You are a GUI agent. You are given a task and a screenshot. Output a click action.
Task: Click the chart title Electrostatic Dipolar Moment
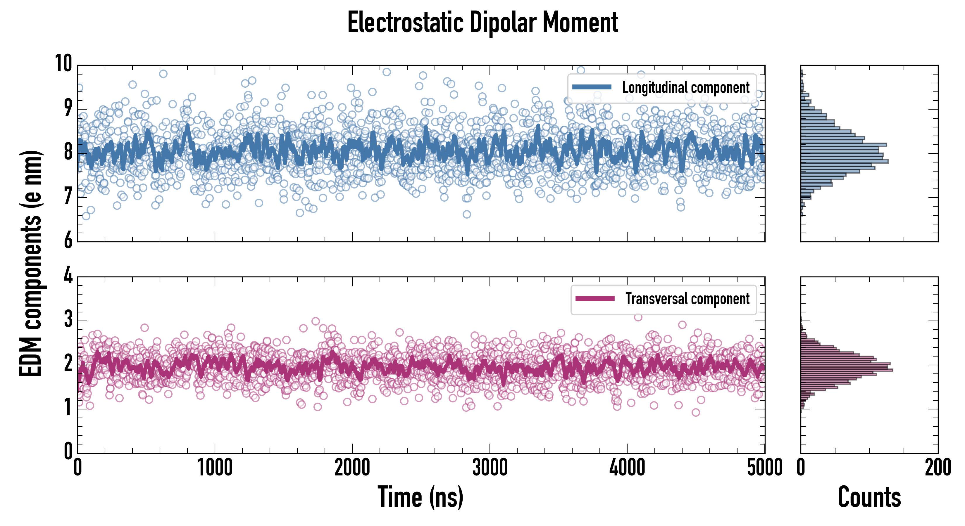[x=482, y=23]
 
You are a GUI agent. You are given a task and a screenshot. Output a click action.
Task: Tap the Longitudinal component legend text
[x=685, y=88]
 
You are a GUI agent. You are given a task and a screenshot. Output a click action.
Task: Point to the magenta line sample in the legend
[x=595, y=299]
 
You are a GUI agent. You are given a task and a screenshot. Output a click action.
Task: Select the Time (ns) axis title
[x=420, y=497]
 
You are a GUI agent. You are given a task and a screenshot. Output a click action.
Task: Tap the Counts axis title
[x=869, y=497]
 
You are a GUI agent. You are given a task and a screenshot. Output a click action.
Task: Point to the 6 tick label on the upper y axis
[x=68, y=240]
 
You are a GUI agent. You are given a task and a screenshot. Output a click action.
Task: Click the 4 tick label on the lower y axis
[x=68, y=276]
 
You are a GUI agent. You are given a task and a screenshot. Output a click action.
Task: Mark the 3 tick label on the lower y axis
[x=68, y=319]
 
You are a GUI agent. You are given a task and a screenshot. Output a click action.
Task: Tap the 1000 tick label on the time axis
[x=215, y=468]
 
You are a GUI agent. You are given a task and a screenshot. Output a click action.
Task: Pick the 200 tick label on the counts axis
[x=938, y=468]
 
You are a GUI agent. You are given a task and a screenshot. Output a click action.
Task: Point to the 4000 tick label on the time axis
[x=627, y=468]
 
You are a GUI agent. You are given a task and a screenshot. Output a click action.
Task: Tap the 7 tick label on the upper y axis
[x=68, y=196]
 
